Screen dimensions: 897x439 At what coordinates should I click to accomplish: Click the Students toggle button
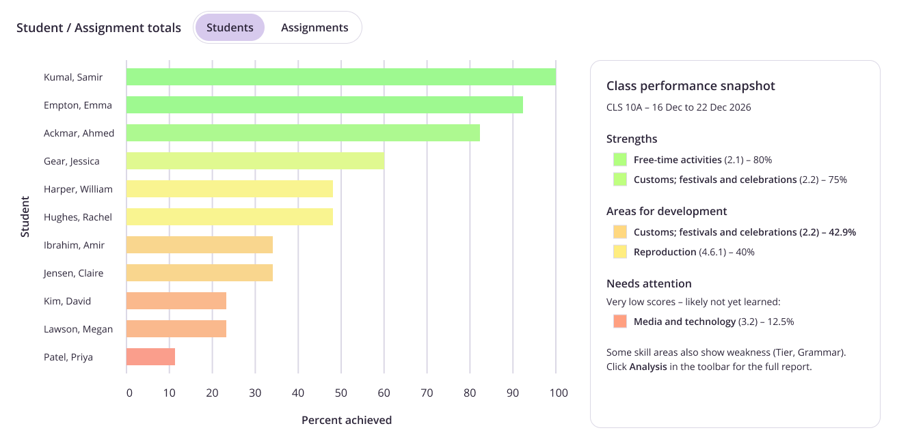point(230,27)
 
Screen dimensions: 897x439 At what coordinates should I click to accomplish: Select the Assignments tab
point(314,27)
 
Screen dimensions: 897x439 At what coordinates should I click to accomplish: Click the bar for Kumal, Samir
point(340,76)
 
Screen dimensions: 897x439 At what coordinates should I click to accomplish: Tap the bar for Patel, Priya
point(150,356)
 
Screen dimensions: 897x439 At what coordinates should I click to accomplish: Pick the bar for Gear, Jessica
point(255,160)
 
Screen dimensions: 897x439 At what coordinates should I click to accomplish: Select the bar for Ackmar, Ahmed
point(303,132)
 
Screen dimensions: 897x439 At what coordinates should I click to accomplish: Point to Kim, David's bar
point(176,300)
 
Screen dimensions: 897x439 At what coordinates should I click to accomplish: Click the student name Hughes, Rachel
point(78,217)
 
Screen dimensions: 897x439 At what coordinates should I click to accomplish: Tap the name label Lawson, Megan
point(78,329)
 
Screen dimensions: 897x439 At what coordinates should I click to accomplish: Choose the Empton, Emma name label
point(78,105)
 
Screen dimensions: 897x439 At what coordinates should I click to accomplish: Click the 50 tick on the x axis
point(340,393)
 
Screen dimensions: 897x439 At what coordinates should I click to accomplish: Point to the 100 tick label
point(559,393)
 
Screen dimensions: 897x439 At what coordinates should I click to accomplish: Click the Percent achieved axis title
point(347,420)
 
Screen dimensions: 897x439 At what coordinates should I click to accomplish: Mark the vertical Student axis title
point(25,216)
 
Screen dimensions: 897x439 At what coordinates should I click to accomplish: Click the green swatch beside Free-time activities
point(620,160)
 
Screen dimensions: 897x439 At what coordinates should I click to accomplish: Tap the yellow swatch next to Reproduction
point(620,251)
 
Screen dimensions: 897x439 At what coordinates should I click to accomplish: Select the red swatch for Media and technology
point(620,321)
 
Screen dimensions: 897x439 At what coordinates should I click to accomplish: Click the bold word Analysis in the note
point(648,367)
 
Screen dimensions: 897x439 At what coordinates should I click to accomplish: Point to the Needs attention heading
point(649,283)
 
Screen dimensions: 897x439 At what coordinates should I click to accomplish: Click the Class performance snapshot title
point(691,86)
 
